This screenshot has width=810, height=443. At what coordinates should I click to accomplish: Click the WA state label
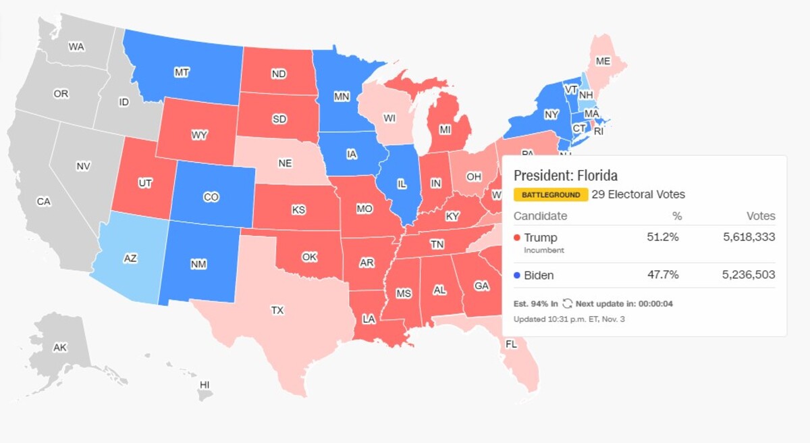(76, 47)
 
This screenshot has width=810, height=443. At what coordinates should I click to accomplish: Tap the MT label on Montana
(182, 72)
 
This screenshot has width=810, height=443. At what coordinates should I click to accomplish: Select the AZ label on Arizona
(130, 258)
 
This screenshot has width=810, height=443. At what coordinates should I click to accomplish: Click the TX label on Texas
(277, 311)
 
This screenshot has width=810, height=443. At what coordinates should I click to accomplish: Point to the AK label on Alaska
(60, 347)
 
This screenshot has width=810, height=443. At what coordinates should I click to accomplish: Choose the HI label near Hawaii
(205, 384)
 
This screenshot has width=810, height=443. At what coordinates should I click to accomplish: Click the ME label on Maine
(603, 61)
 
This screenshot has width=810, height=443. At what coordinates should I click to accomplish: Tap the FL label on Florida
(511, 344)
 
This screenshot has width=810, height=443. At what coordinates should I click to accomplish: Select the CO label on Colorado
(211, 197)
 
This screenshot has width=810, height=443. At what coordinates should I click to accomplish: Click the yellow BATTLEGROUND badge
(550, 195)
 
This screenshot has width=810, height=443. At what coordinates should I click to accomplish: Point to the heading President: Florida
(566, 176)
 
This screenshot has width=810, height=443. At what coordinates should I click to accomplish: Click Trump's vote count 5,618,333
(747, 237)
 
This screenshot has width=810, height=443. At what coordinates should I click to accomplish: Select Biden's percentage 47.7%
(664, 275)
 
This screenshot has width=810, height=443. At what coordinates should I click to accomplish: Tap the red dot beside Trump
(517, 238)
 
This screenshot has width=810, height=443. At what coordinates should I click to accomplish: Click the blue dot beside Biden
(517, 276)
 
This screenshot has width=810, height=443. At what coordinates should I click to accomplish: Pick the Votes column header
(761, 216)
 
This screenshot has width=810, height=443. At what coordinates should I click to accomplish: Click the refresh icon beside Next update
(567, 304)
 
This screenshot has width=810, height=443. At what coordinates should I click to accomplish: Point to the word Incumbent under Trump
(544, 250)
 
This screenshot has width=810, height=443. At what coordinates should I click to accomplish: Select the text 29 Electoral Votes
(639, 194)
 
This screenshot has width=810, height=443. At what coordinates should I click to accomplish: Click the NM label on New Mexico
(198, 264)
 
